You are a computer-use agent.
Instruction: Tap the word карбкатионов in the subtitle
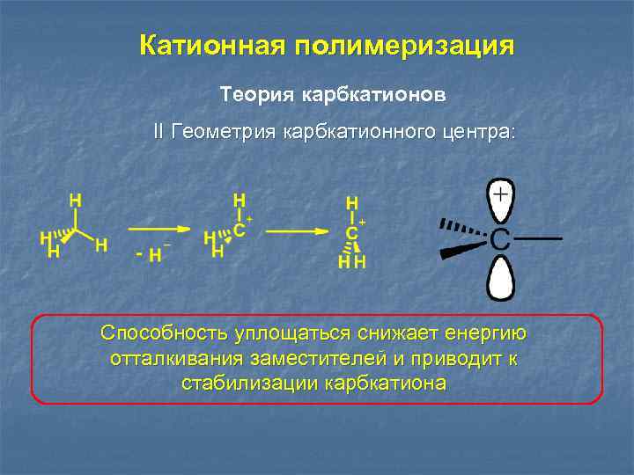coord(364,93)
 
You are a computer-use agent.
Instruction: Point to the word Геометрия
coord(224,133)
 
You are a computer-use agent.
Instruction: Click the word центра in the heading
coord(480,133)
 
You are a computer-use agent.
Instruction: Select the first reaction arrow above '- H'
coord(162,230)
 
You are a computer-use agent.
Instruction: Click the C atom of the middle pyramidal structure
coord(239,230)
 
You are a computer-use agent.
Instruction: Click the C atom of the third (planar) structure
coord(351,233)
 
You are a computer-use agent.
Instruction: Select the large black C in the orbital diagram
coord(499,238)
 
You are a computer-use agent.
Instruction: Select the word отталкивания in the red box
coord(169,359)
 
